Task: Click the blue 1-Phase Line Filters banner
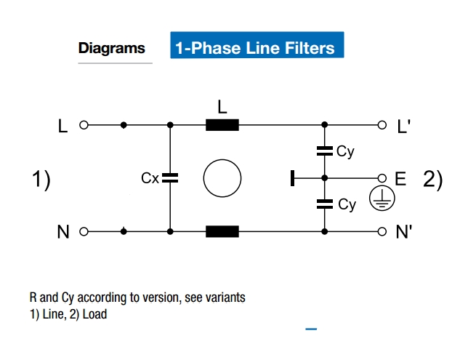tap(256, 47)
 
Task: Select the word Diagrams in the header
tap(112, 49)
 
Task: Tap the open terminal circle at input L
tap(83, 125)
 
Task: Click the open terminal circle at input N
tap(83, 232)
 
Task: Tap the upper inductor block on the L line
tap(222, 125)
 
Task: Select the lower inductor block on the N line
tap(222, 232)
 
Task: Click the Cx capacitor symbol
tap(169, 177)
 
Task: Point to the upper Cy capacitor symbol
tap(325, 151)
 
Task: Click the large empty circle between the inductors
tap(222, 178)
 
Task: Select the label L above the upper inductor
tap(222, 106)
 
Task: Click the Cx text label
tap(150, 177)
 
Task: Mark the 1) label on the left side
tap(41, 179)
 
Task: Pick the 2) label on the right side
tap(432, 179)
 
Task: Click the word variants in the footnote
tap(225, 297)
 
